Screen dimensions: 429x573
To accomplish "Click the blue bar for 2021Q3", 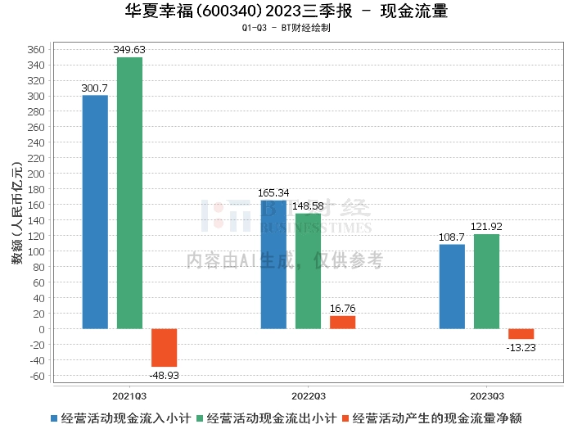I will [x=95, y=212].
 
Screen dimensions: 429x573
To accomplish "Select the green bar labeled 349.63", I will [x=129, y=193].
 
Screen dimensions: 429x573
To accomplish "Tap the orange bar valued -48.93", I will [x=164, y=348].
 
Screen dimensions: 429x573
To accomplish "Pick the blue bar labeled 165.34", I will [x=273, y=264].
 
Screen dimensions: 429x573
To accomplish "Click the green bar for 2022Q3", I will [x=308, y=271].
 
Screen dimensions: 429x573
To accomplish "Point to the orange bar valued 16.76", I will [x=342, y=323].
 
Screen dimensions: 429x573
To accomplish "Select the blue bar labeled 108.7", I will [x=452, y=287].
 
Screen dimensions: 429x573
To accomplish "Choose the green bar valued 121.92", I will [x=486, y=282].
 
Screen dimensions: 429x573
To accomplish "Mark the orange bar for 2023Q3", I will [x=521, y=334].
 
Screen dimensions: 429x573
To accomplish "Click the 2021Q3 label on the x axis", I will [x=129, y=395].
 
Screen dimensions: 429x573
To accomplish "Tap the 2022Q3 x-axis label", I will [x=308, y=395].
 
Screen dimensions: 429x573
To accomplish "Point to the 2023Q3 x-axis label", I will [x=486, y=395].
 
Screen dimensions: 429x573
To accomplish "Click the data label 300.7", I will [x=95, y=88].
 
